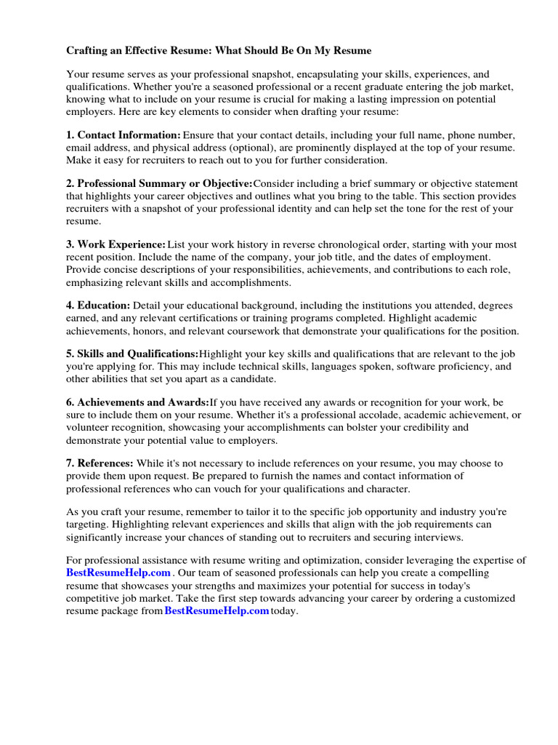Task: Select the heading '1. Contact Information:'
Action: pyautogui.click(x=124, y=135)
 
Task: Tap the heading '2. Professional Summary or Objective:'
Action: pyautogui.click(x=159, y=183)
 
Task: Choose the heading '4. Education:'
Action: pyautogui.click(x=99, y=306)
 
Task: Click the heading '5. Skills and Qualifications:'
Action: pyautogui.click(x=132, y=354)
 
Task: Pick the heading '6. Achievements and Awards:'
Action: pyautogui.click(x=138, y=402)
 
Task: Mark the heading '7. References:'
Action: pyautogui.click(x=100, y=463)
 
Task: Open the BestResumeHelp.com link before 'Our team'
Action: pyautogui.click(x=118, y=573)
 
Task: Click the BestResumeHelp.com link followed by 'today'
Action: pyautogui.click(x=217, y=611)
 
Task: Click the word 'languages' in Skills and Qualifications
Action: pyautogui.click(x=330, y=367)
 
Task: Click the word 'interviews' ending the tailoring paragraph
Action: pyautogui.click(x=438, y=537)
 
